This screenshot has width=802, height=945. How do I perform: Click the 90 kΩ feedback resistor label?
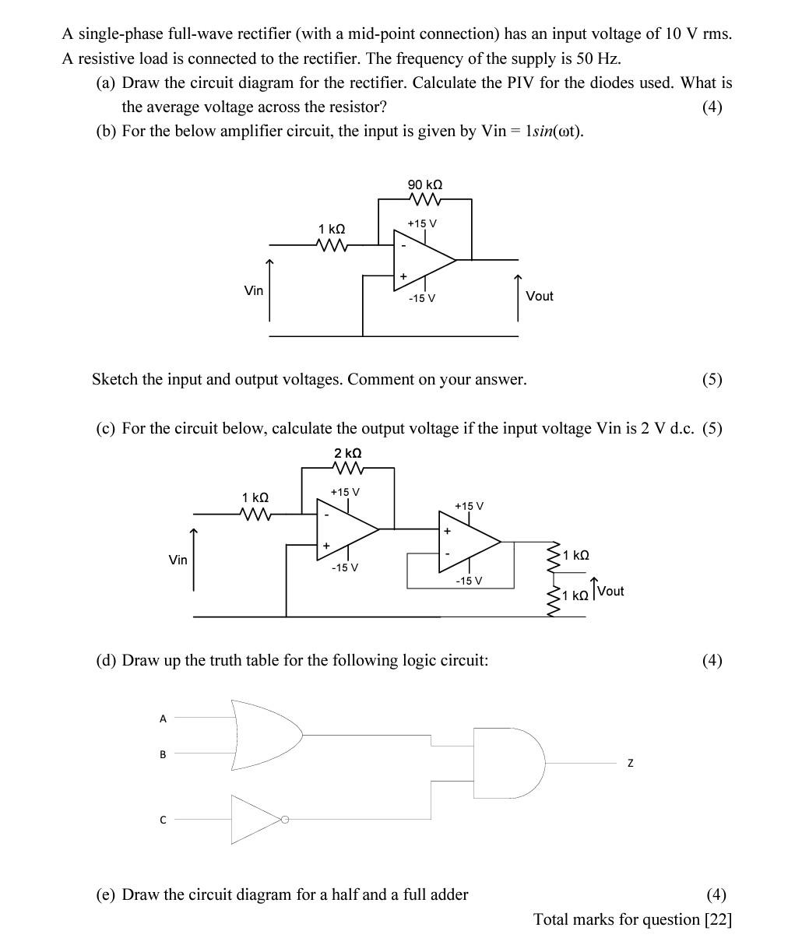(425, 184)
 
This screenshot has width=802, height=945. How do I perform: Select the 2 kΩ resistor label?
(347, 453)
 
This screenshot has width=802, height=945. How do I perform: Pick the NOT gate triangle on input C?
(255, 820)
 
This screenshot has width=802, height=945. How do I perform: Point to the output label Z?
(630, 764)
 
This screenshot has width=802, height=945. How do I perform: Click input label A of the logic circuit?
(163, 718)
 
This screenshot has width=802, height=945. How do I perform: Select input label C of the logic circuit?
(163, 820)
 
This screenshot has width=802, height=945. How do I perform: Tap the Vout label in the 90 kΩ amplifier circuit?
(539, 296)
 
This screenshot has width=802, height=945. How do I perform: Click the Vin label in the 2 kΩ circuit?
(178, 560)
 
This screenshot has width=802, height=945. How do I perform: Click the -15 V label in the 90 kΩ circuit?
(421, 299)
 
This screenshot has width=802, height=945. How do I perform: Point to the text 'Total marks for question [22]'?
(632, 919)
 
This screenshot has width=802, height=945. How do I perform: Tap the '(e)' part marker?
(105, 894)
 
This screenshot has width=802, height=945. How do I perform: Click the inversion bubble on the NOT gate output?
(285, 820)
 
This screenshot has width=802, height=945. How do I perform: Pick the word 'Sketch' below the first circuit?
(117, 379)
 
